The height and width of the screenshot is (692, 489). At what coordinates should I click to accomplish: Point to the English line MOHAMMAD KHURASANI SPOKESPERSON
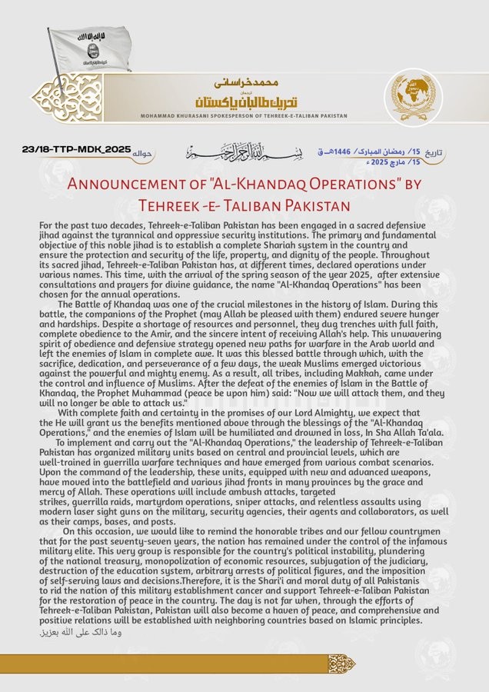[x=243, y=116]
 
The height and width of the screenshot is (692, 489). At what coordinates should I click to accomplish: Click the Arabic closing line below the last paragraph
[x=80, y=632]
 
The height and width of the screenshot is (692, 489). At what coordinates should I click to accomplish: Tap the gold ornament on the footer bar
[x=341, y=663]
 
